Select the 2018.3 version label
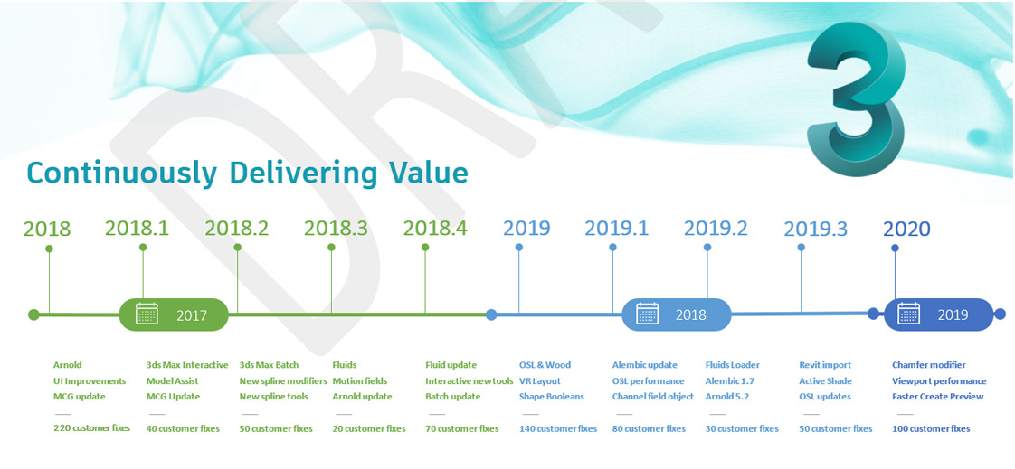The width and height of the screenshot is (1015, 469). [x=336, y=228]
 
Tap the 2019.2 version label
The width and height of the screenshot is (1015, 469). [x=716, y=228]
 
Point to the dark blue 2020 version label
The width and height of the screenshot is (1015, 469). [x=906, y=229]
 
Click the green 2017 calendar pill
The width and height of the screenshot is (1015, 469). [x=174, y=315]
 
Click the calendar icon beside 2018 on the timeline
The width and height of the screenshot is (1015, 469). [x=648, y=314]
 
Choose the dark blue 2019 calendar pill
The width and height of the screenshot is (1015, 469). [x=938, y=315]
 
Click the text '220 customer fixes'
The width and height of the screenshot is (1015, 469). [x=92, y=428]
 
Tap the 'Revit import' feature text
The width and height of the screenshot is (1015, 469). [x=825, y=365]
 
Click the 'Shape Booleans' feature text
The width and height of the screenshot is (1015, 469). [x=552, y=397]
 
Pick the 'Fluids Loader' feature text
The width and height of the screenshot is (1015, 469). [x=732, y=365]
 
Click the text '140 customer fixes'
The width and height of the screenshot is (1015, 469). [x=558, y=428]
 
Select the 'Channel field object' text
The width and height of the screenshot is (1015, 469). [x=652, y=397]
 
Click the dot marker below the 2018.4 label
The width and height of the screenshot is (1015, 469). [x=425, y=247]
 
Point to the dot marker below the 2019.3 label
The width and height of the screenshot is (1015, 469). [x=802, y=247]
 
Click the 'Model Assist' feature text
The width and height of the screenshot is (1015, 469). [x=172, y=381]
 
